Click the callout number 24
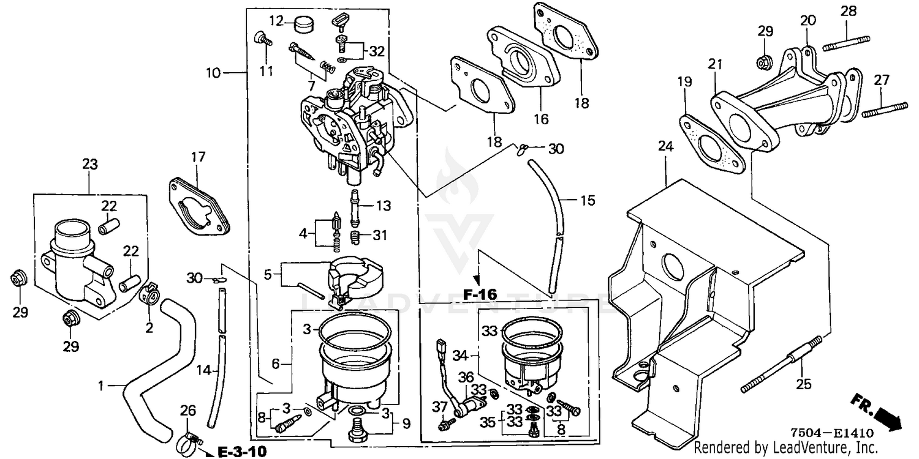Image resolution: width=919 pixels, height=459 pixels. [x=666, y=146]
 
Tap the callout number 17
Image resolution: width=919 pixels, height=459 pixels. [x=198, y=157]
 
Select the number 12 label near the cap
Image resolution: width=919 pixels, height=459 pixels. [x=277, y=20]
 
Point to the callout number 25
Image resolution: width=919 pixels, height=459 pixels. [x=804, y=384]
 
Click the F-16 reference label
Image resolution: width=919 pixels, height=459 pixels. [x=480, y=294]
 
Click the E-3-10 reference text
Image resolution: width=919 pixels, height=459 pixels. [x=241, y=452]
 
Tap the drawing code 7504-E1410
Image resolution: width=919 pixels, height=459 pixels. [x=832, y=433]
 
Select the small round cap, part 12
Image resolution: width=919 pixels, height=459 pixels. [x=304, y=23]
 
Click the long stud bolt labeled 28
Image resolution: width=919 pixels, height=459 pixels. [x=846, y=43]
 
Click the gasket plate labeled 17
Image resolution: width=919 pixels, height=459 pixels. [x=199, y=206]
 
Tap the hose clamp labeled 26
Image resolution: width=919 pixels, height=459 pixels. [x=189, y=441]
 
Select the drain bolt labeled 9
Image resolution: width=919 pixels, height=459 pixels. [x=357, y=432]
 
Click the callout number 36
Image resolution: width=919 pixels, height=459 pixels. [x=466, y=377]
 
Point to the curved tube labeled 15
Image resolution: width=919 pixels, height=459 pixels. [x=547, y=225]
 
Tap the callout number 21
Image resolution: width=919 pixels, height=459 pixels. [x=715, y=64]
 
